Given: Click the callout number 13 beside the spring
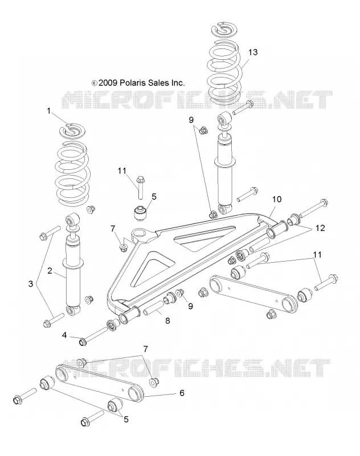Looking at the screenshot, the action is pyautogui.click(x=253, y=52).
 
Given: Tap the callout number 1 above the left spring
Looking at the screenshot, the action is pyautogui.click(x=49, y=111).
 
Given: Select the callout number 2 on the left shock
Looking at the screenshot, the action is pyautogui.click(x=50, y=271).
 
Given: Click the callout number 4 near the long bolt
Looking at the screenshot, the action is pyautogui.click(x=64, y=335).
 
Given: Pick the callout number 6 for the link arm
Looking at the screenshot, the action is pyautogui.click(x=182, y=393).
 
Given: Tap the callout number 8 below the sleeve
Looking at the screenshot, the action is pyautogui.click(x=167, y=321).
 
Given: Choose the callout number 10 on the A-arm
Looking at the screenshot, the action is pyautogui.click(x=277, y=199).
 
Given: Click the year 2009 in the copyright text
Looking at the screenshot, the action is pyautogui.click(x=108, y=83).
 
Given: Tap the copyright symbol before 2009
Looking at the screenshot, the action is pyautogui.click(x=95, y=83).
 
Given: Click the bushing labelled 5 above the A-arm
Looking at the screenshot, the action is pyautogui.click(x=141, y=213).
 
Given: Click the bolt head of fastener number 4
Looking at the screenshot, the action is pyautogui.click(x=82, y=341).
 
